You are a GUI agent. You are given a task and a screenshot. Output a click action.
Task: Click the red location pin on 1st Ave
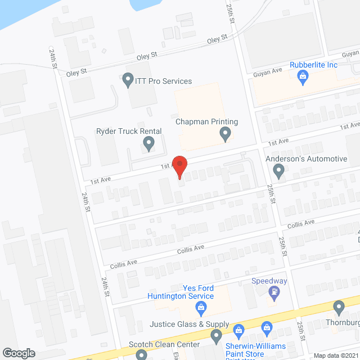pyautogui.click(x=179, y=166)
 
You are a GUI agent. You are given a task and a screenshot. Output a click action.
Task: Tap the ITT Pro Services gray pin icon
pyautogui.click(x=128, y=80)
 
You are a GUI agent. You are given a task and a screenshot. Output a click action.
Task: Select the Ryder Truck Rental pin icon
pyautogui.click(x=148, y=144)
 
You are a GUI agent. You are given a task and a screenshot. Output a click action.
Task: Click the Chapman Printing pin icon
pyautogui.click(x=225, y=134)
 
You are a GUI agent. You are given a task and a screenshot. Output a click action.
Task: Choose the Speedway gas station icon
pyautogui.click(x=274, y=292)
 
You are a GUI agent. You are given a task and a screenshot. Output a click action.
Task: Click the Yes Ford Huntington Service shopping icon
pyautogui.click(x=200, y=307)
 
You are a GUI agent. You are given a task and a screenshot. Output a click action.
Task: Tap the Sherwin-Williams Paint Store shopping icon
pyautogui.click(x=238, y=330)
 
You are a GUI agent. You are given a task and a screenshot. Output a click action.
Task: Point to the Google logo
pyautogui.click(x=19, y=353)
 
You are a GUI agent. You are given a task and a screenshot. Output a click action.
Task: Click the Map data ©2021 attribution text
pyautogui.click(x=335, y=355)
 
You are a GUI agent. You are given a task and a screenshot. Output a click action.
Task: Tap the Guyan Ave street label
pyautogui.click(x=269, y=71)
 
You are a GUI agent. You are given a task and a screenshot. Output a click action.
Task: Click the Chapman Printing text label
pyautogui.click(x=207, y=121)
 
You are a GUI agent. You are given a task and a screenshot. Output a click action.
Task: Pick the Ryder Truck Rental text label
pyautogui.click(x=129, y=132)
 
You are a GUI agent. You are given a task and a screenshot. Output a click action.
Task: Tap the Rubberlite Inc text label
pyautogui.click(x=313, y=65)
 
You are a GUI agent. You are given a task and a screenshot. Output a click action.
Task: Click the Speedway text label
pyautogui.click(x=269, y=281)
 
